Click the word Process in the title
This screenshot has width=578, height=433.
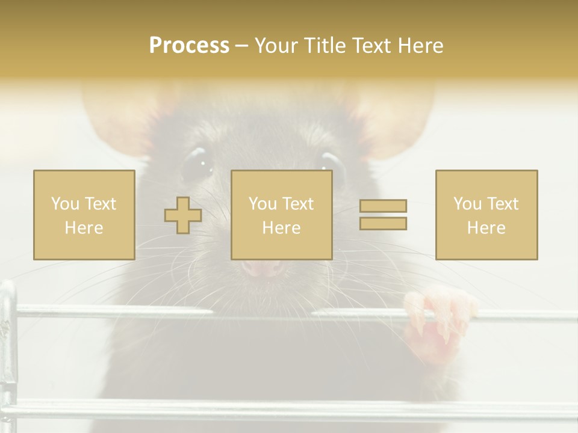tap(189, 46)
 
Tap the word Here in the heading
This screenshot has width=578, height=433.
tap(420, 46)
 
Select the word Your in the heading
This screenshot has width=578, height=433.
tap(277, 46)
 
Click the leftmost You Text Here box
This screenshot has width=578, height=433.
tap(84, 215)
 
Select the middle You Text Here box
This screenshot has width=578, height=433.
tap(281, 215)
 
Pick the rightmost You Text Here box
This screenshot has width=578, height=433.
tap(486, 215)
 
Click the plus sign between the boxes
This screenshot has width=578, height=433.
tap(183, 215)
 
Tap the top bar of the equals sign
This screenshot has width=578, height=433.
tap(383, 206)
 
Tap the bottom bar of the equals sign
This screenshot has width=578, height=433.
tap(383, 224)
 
